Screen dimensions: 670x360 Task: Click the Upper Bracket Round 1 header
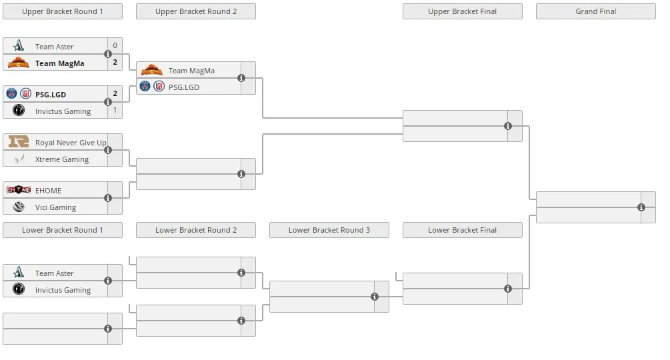(63, 11)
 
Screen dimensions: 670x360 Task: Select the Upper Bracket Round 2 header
(196, 11)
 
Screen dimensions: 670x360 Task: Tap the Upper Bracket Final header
(463, 11)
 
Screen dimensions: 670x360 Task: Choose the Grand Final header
(595, 11)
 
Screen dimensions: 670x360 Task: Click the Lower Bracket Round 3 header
(329, 230)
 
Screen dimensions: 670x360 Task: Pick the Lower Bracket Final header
(463, 230)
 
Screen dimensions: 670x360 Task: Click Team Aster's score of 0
(115, 45)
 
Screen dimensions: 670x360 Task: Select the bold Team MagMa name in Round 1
(60, 63)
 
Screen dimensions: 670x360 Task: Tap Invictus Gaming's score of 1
(115, 110)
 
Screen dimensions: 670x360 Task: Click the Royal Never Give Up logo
(19, 141)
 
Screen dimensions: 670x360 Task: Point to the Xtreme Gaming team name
(62, 159)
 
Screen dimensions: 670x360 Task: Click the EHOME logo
(19, 189)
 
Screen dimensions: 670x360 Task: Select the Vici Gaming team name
(55, 207)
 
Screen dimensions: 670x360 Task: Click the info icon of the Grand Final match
(641, 207)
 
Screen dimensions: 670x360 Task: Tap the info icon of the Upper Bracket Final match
(507, 126)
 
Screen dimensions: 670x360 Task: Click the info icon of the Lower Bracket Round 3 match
(374, 297)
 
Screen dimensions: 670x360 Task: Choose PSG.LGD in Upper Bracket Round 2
(184, 87)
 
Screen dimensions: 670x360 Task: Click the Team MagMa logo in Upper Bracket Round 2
(152, 69)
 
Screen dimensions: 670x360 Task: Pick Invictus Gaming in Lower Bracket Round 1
(63, 290)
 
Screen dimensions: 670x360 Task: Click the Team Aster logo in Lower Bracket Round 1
(19, 272)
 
